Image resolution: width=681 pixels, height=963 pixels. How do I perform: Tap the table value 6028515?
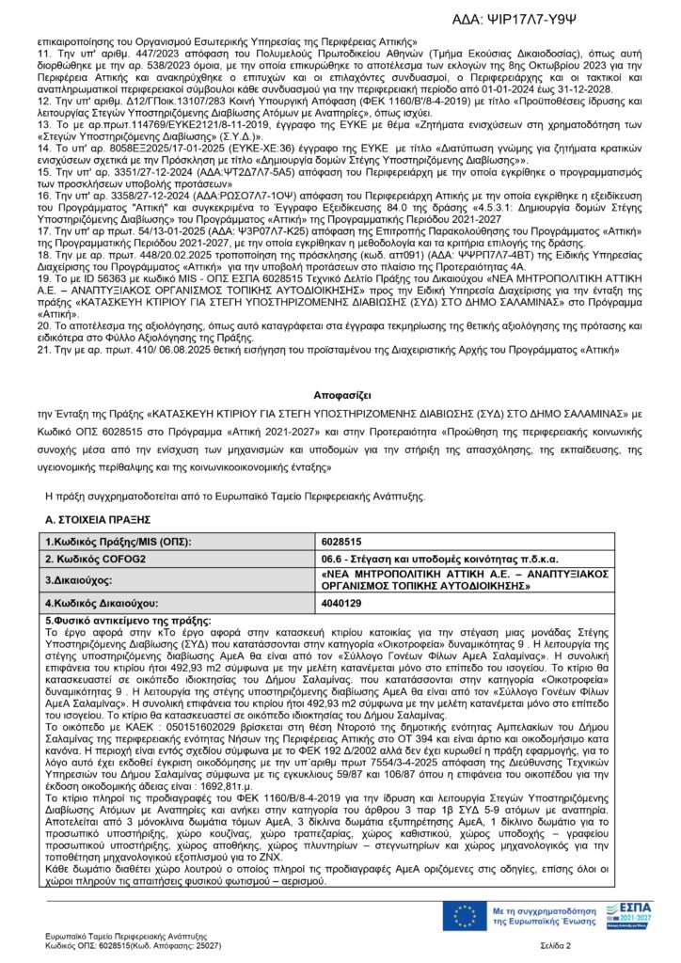(341, 543)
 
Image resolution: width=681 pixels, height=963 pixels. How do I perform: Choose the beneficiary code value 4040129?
(341, 603)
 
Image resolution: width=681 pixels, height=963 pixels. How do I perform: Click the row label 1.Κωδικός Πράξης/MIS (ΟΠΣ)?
(119, 543)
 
